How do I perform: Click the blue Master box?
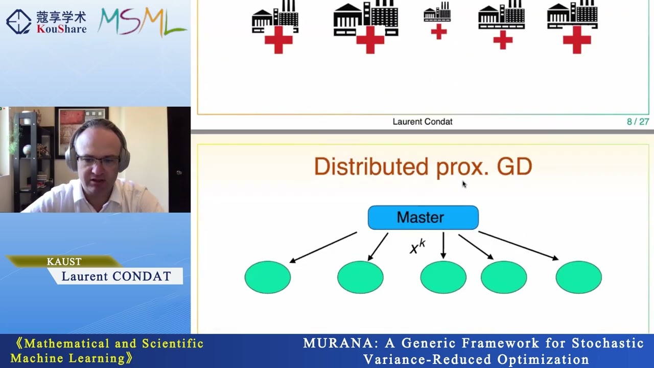(x=423, y=218)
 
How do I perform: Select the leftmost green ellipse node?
(x=268, y=277)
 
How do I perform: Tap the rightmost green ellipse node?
(x=578, y=277)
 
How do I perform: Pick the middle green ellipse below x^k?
(x=443, y=277)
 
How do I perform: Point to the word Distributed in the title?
(x=371, y=167)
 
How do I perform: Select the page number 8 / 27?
(x=637, y=122)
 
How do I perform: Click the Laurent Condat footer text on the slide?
(x=423, y=122)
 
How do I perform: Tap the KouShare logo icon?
(x=19, y=21)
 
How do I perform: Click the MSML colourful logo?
(x=142, y=21)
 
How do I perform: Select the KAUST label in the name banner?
(x=64, y=262)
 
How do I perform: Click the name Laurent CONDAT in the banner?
(x=116, y=277)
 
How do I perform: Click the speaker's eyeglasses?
(x=98, y=162)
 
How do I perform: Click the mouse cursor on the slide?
(x=464, y=184)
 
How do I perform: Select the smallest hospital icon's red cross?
(x=438, y=32)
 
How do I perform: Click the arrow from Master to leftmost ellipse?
(x=323, y=247)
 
